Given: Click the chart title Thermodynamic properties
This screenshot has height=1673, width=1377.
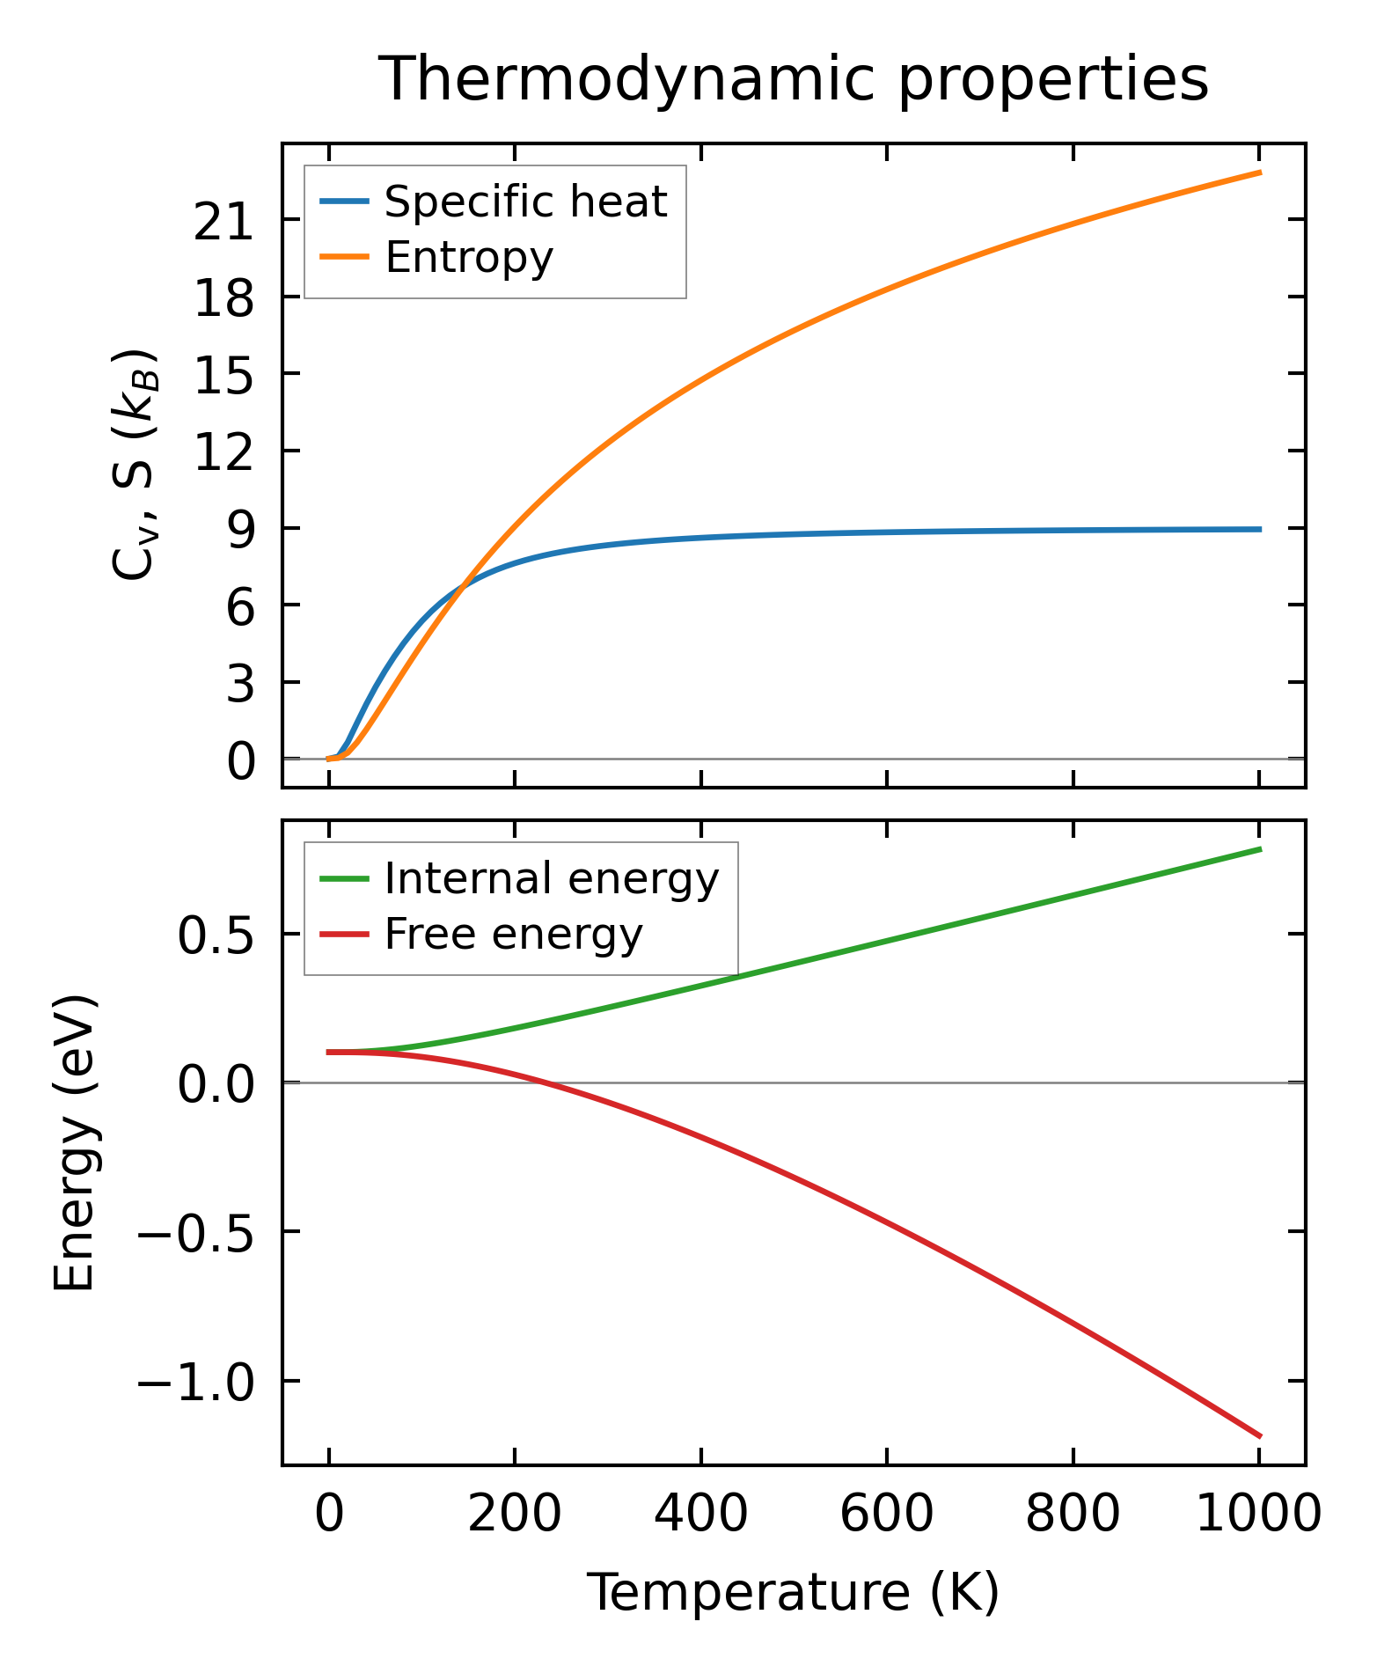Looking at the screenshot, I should [793, 80].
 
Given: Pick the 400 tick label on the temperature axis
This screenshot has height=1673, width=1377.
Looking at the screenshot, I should [700, 1515].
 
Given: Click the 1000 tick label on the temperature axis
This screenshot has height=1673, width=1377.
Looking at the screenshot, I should [1258, 1515].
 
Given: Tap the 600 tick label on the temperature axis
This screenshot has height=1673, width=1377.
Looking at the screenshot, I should [886, 1515].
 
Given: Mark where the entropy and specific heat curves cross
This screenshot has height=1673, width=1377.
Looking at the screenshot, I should [464, 584].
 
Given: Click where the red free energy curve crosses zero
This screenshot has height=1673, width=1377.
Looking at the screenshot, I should [546, 1082].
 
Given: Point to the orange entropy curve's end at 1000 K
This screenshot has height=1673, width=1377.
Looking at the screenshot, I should [1259, 172].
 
